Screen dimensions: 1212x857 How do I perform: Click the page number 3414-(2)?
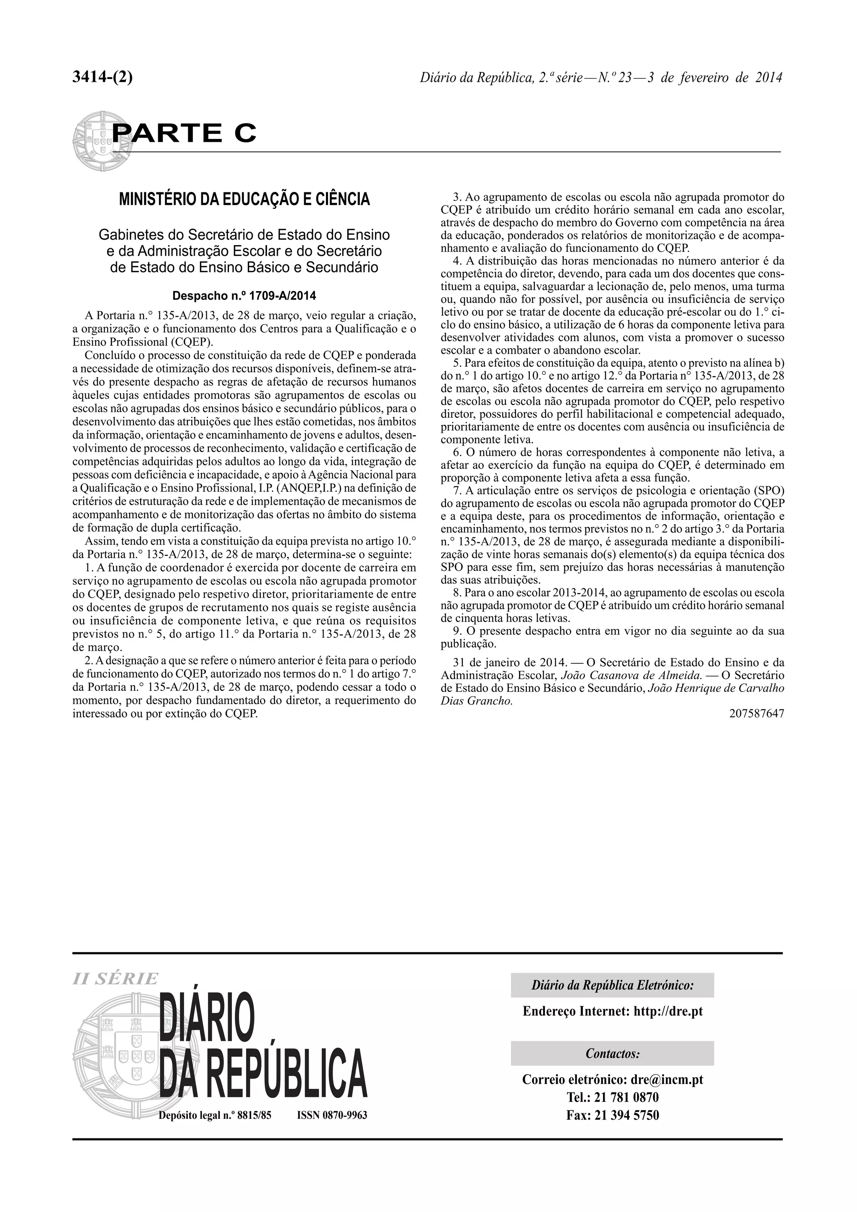point(103,78)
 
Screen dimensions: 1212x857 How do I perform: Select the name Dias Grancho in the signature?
point(476,701)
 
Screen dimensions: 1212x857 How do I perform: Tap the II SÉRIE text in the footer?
point(115,978)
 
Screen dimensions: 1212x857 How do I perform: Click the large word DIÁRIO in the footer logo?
point(207,1020)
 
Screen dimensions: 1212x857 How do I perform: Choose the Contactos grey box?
point(612,1053)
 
